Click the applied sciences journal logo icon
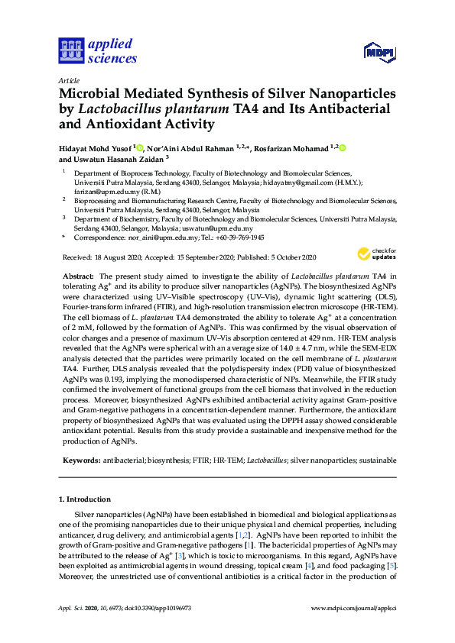(70, 51)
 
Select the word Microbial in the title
(92, 93)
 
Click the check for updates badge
(377, 255)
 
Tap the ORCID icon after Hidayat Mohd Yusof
(139, 147)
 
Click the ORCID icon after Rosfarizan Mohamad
(342, 147)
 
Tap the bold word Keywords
(80, 460)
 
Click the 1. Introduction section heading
(89, 499)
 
